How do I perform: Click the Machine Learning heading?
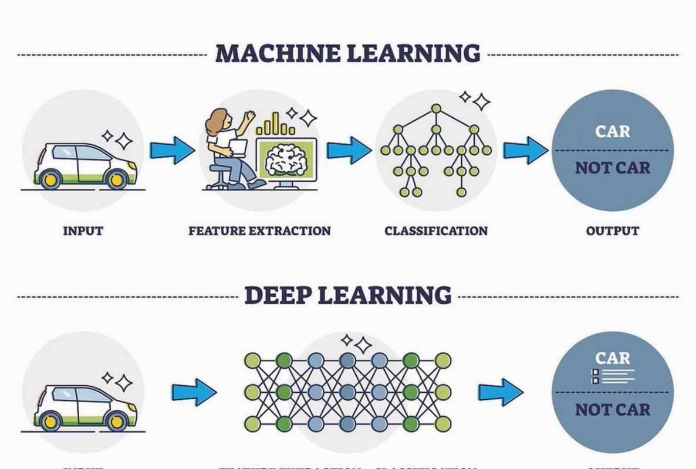tap(347, 53)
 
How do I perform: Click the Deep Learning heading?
tap(347, 294)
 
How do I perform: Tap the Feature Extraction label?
tap(259, 231)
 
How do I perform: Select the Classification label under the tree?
tap(436, 231)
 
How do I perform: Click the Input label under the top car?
tap(83, 231)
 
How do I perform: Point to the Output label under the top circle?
tap(612, 231)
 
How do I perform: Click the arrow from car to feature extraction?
tap(172, 150)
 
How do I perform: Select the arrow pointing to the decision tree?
tap(349, 150)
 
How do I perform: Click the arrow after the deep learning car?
tap(194, 392)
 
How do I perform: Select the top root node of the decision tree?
tap(435, 108)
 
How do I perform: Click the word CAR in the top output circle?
tap(613, 131)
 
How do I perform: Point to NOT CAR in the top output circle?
tap(613, 168)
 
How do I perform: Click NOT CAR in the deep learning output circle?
tap(613, 409)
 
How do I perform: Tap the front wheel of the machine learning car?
tap(117, 178)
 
